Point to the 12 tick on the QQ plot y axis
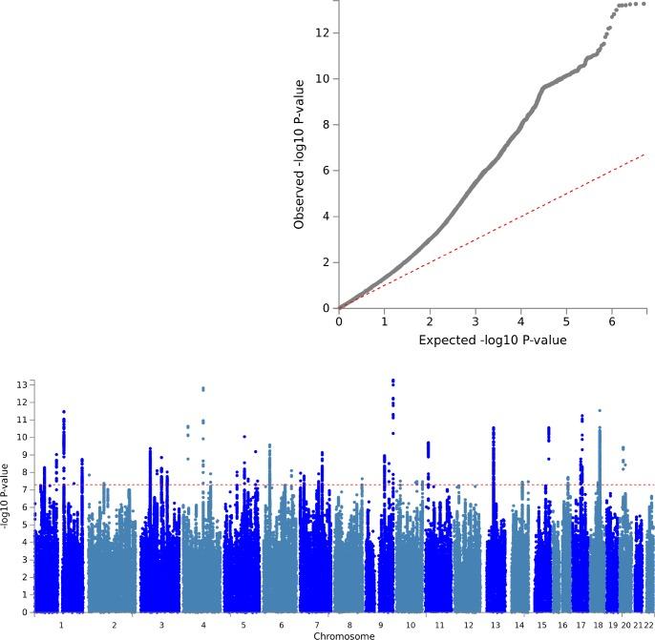[x=327, y=32]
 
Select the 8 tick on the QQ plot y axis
[x=327, y=124]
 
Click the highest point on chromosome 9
[x=392, y=381]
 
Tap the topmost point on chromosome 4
[x=202, y=388]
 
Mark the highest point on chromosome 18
[x=600, y=410]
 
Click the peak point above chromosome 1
[x=63, y=411]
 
